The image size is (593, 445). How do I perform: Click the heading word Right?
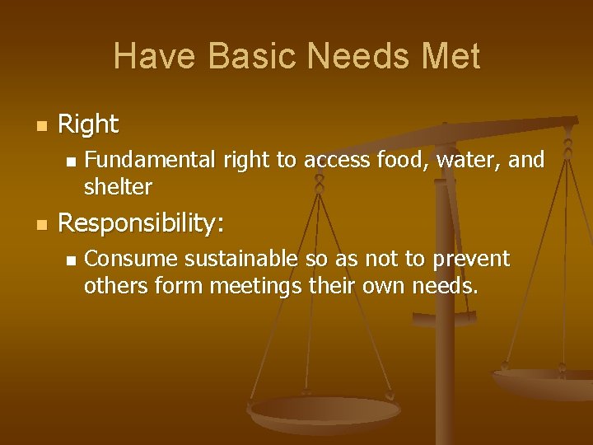88,125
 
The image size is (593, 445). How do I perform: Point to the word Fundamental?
147,159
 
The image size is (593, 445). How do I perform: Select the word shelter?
118,187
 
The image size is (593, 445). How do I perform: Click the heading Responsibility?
141,223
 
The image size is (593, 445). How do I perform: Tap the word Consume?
131,259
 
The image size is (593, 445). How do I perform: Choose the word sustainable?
240,259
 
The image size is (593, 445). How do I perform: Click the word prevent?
469,259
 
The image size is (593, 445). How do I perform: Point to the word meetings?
255,287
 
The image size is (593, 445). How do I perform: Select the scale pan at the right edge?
548,383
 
